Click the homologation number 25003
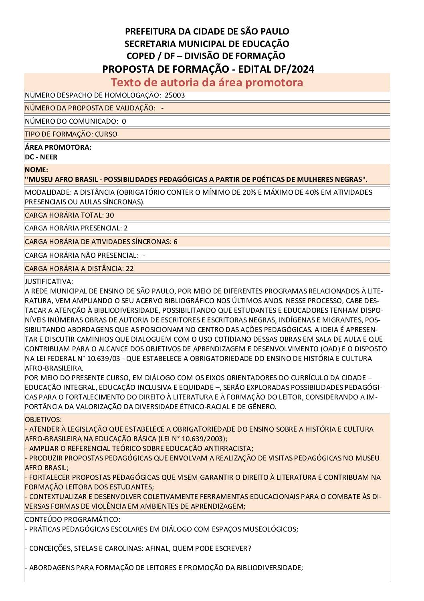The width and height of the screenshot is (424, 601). pos(174,95)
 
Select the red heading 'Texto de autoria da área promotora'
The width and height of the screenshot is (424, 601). pos(207,82)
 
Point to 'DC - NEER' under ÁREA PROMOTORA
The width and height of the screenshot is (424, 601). pos(41,157)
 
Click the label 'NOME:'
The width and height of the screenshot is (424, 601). pos(36,170)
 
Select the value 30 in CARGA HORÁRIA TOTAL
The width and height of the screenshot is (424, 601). pos(110,215)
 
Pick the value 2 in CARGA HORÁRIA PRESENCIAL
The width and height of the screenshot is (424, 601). pos(126,228)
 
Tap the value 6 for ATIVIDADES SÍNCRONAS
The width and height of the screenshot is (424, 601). pos(176,242)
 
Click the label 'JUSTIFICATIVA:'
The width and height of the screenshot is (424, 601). pos(49,281)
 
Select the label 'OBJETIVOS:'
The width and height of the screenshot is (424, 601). pos(43,420)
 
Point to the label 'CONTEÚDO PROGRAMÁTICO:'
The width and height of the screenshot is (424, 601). pos(73,520)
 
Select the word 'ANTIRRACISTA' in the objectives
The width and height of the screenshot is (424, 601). pos(228,448)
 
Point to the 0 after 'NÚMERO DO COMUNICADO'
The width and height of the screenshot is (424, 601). pos(124,121)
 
